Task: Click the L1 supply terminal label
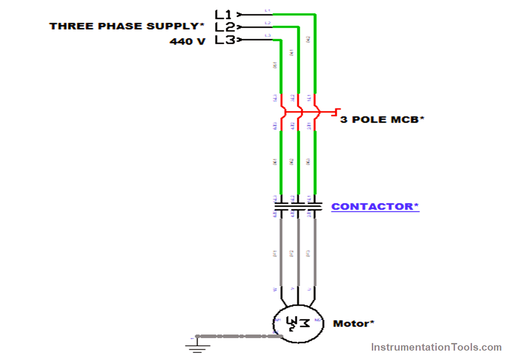tap(223, 14)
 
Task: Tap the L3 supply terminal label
tap(224, 40)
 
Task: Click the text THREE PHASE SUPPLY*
tap(124, 26)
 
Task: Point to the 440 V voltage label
tap(187, 42)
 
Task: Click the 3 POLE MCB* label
tap(381, 120)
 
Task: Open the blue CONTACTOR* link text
tap(375, 207)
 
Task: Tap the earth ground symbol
tap(195, 344)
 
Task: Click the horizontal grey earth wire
tap(237, 336)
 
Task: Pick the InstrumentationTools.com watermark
tap(436, 347)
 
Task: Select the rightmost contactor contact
tap(315, 206)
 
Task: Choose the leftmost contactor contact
tap(281, 206)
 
